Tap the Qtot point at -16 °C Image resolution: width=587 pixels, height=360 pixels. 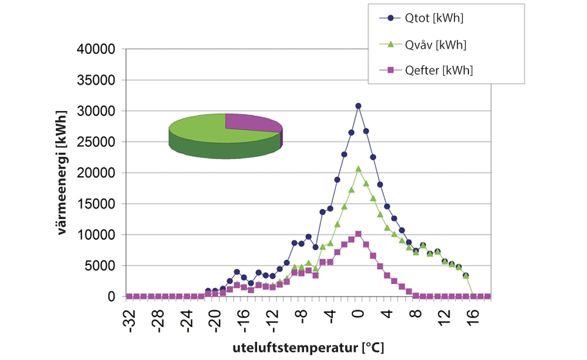pos(237,272)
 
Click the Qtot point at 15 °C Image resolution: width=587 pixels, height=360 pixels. pos(465,275)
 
